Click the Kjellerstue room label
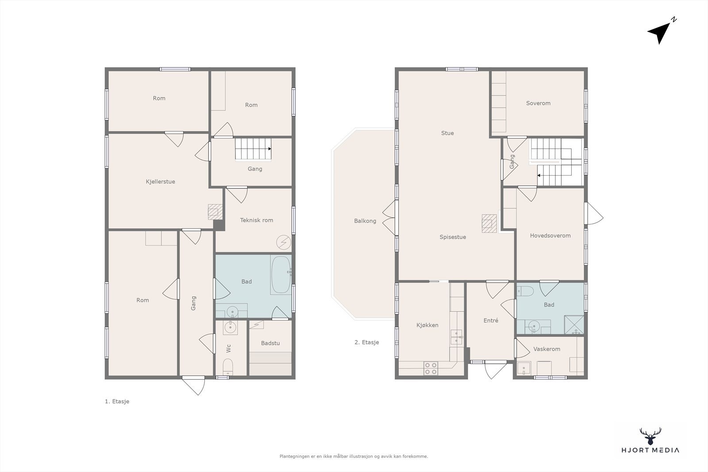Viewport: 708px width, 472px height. click(160, 182)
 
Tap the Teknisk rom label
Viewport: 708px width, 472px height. click(256, 220)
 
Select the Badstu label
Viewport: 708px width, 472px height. click(270, 343)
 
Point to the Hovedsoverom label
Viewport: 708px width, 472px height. click(550, 236)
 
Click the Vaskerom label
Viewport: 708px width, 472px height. click(547, 349)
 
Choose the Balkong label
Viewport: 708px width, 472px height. click(365, 221)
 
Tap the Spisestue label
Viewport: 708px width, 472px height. click(453, 237)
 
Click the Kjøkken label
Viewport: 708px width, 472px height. click(427, 325)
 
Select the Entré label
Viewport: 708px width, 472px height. click(491, 320)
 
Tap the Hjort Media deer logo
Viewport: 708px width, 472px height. click(650, 436)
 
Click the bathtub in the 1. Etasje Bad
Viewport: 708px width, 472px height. click(281, 275)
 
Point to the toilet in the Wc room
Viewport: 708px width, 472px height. click(228, 367)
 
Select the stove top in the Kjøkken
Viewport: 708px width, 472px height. click(431, 368)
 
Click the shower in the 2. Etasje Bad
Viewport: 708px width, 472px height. click(574, 324)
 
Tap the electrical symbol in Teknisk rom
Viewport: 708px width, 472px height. click(283, 242)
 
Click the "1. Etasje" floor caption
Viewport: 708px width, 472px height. click(117, 402)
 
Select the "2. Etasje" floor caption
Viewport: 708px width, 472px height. click(367, 342)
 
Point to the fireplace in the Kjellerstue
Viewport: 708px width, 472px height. click(215, 212)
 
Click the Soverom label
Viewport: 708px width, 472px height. click(538, 104)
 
